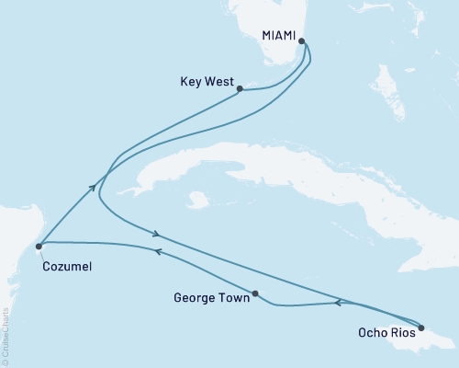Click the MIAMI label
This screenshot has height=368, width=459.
point(277,36)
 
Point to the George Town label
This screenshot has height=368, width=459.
point(210,298)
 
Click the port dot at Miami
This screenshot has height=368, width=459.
point(302,41)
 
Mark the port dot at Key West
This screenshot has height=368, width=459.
point(240,89)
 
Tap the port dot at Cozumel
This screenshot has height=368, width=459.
point(39,246)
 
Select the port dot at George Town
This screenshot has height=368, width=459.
point(255,294)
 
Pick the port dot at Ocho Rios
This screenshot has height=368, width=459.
point(420,328)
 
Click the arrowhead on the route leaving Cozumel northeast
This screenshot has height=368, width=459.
point(93,187)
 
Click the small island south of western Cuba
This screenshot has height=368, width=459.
point(195,199)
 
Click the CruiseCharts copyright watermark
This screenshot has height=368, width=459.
point(6,335)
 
